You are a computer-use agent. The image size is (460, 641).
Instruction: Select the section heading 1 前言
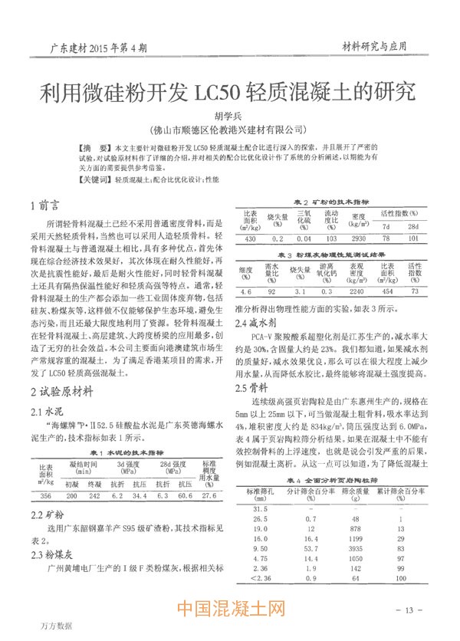(x=44, y=205)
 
